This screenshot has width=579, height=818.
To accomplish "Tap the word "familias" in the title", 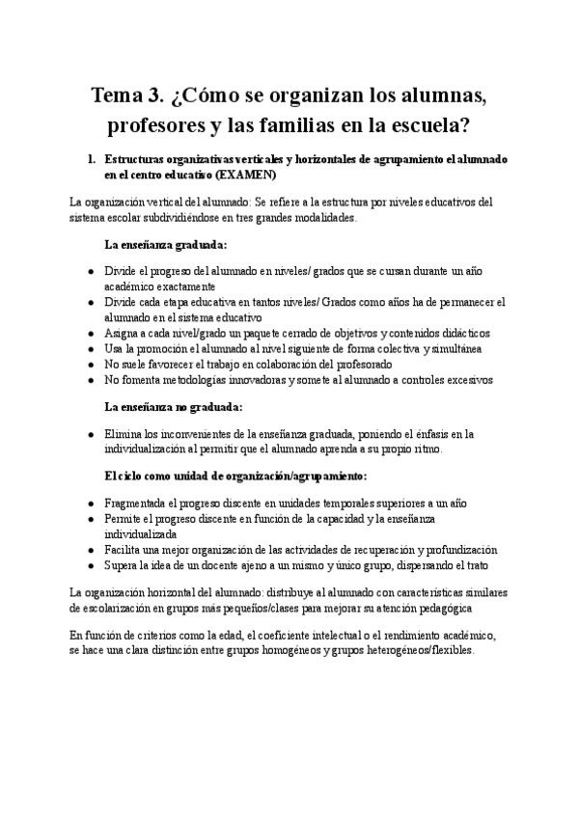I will [x=304, y=126].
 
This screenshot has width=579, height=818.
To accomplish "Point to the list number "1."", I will [x=92, y=158].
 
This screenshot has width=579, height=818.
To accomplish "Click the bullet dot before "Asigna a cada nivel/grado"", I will [x=91, y=332].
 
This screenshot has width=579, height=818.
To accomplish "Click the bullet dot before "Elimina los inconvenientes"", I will [x=91, y=435].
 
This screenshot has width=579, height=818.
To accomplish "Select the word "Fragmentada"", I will [x=135, y=503].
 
